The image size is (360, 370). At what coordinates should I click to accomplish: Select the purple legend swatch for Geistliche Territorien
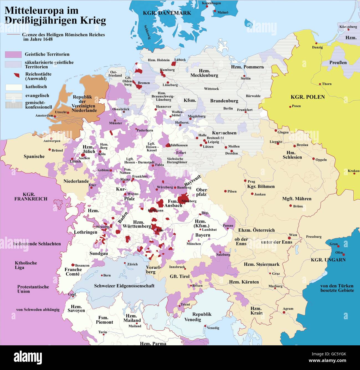point(13,54)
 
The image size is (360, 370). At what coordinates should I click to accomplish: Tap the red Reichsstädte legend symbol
point(17,75)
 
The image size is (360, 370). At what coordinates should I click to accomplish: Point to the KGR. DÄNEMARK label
point(167,13)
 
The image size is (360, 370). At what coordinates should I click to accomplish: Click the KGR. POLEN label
point(308,97)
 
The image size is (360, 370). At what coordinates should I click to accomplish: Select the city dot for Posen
point(290,106)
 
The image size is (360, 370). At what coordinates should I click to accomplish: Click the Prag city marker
point(245,181)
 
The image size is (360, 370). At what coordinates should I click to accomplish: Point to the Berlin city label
point(228,108)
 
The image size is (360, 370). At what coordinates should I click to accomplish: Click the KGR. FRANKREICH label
point(31,197)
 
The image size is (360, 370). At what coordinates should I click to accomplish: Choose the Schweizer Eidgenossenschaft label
point(124,286)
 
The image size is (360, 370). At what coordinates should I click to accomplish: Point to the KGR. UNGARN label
point(328,260)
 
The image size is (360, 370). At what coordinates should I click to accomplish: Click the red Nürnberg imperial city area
point(183,199)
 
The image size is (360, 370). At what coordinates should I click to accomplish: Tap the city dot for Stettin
point(244,76)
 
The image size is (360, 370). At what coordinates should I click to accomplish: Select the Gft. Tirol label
point(180,276)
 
